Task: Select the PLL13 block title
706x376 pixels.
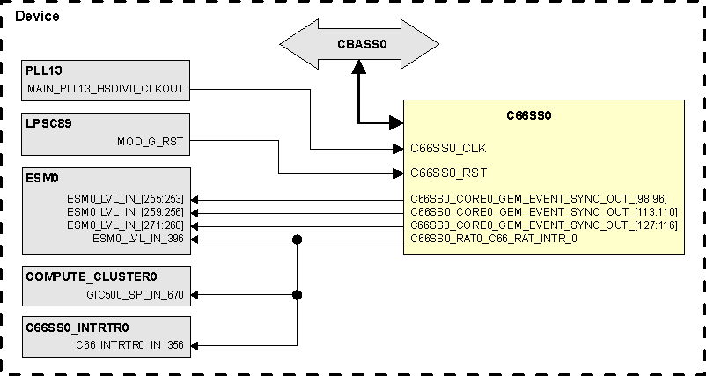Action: click(44, 70)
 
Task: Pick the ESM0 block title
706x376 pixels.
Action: click(41, 178)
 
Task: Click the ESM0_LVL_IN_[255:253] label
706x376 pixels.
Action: click(126, 199)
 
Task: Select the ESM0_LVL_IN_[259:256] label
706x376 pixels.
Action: click(126, 212)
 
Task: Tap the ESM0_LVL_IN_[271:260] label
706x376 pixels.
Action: click(126, 225)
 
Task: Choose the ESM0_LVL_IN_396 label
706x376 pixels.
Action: click(138, 239)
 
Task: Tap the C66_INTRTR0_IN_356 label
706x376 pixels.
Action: click(129, 346)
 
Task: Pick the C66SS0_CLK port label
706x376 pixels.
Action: click(449, 148)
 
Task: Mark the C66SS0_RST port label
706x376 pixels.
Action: click(449, 173)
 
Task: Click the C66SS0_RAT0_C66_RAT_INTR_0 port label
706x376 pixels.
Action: click(494, 239)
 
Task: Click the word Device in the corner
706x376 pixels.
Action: click(37, 16)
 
